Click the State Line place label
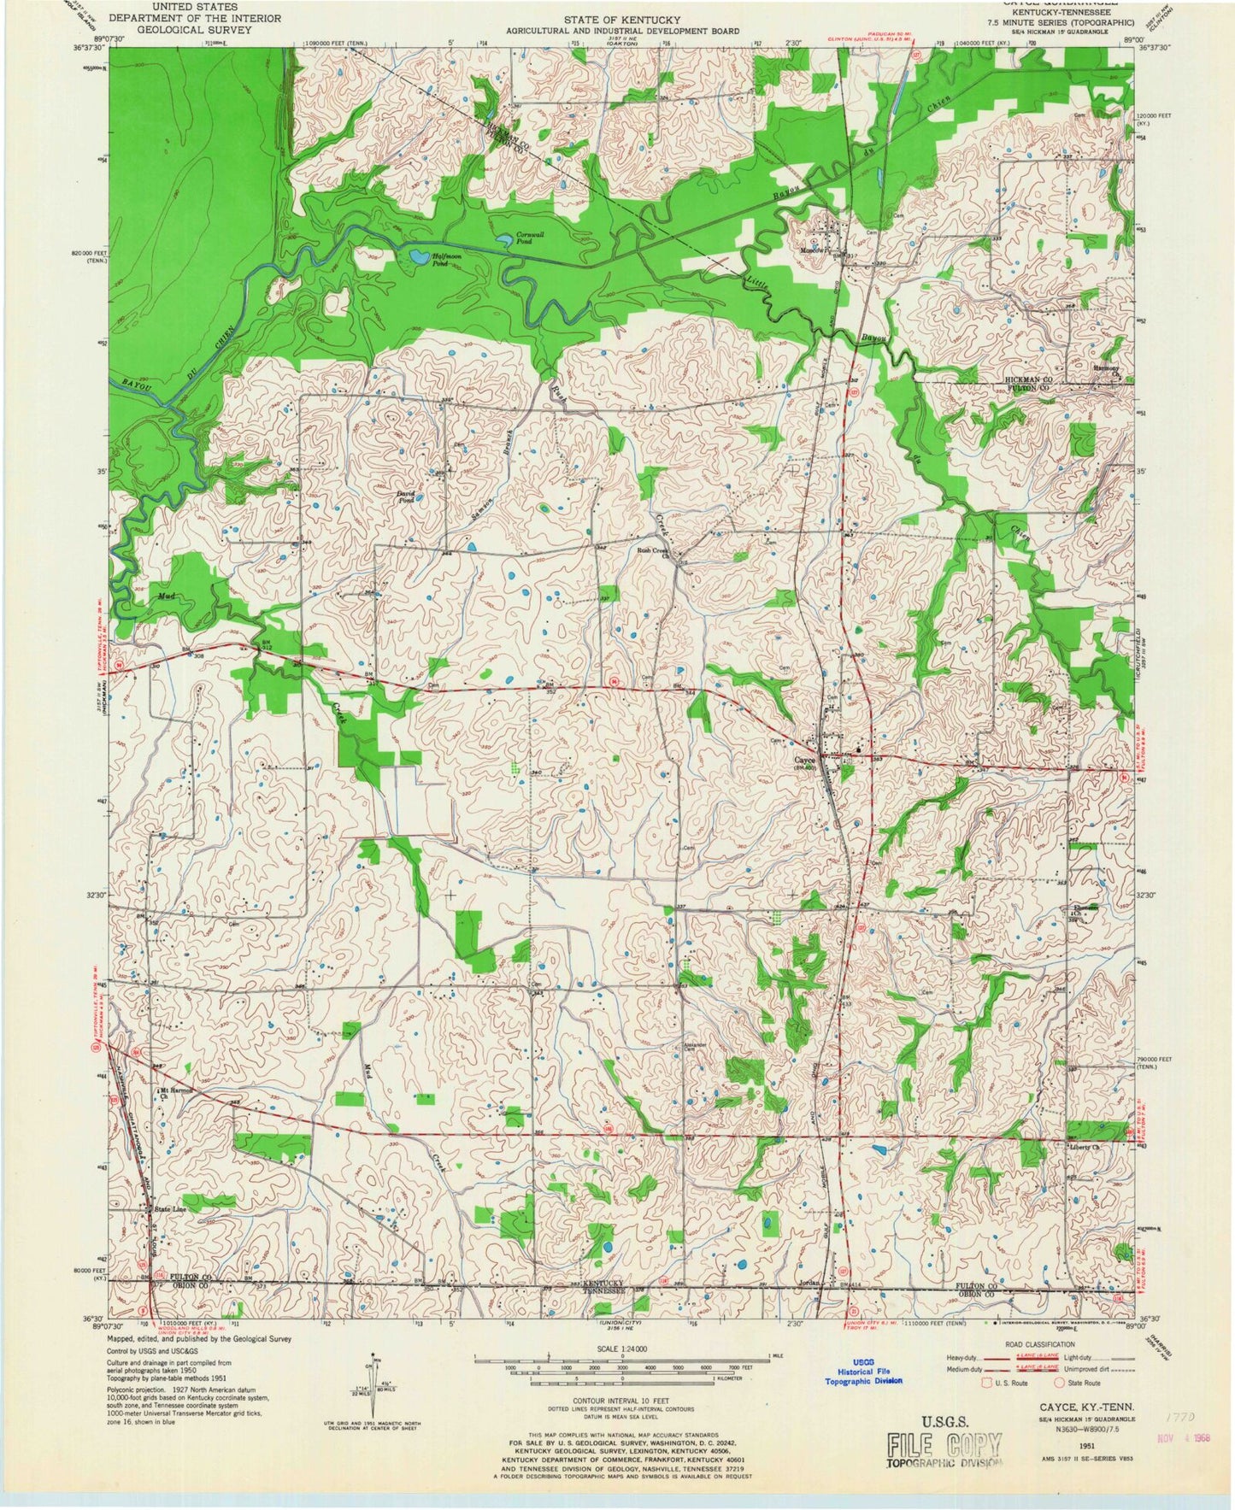pyautogui.click(x=169, y=1209)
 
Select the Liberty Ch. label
pyautogui.click(x=1085, y=1147)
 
